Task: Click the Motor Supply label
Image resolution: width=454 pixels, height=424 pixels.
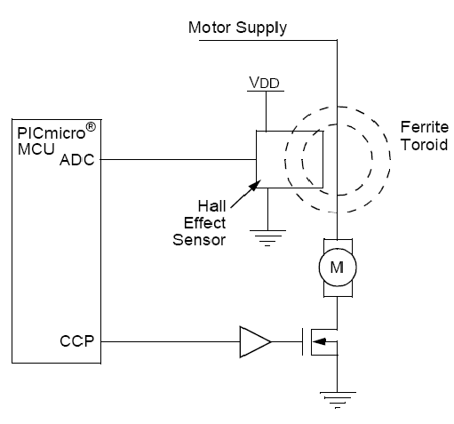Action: (237, 28)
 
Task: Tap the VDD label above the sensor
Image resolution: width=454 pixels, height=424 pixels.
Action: (264, 83)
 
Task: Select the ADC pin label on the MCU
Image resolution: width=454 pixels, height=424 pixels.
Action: (77, 160)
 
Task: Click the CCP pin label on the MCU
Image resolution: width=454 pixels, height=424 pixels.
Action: (77, 341)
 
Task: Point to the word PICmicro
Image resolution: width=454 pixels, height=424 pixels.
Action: (52, 133)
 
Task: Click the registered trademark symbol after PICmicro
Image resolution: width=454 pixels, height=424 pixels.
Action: (91, 127)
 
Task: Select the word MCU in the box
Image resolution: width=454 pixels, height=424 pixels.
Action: (36, 148)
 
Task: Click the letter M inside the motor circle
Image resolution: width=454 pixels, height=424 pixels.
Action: (337, 268)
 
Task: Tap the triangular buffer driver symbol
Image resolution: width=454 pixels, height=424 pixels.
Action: (255, 342)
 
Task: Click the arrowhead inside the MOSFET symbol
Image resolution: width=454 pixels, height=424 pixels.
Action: (320, 341)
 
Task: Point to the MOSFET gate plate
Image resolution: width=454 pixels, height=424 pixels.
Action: (303, 341)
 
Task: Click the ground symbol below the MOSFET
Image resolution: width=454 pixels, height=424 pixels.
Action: (338, 400)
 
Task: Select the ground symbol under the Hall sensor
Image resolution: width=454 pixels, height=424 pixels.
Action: (267, 238)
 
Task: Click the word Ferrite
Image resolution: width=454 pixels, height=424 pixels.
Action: (425, 127)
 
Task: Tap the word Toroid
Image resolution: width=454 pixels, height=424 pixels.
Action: (425, 145)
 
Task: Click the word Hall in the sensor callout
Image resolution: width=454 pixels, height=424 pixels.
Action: (211, 206)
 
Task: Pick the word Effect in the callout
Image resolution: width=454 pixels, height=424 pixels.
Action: (204, 223)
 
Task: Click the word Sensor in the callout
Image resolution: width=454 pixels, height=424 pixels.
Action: (199, 240)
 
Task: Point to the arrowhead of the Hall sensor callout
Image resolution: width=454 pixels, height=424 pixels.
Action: (255, 185)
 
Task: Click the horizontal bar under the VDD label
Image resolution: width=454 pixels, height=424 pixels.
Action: (266, 91)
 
